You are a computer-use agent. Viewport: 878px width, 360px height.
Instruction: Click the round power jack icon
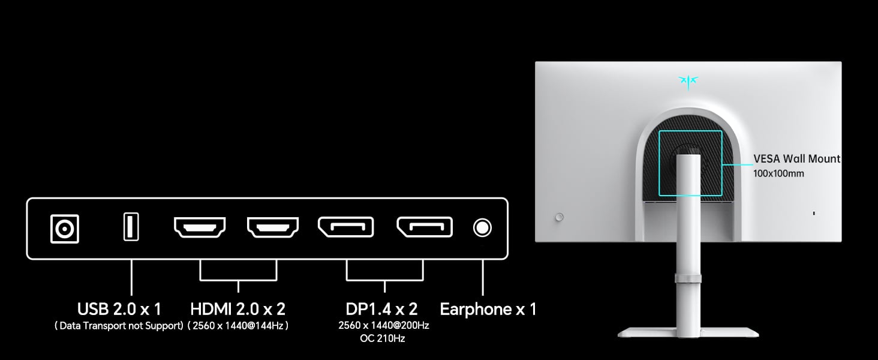pyautogui.click(x=65, y=229)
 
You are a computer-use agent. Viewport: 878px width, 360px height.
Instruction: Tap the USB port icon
pyautogui.click(x=131, y=227)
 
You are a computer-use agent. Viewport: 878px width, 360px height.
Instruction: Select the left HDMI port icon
pyautogui.click(x=200, y=227)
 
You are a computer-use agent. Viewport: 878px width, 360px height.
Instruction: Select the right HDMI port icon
pyautogui.click(x=273, y=227)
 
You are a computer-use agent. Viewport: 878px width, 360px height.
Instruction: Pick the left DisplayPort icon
pyautogui.click(x=345, y=227)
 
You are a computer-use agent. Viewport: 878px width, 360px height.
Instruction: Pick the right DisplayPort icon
pyautogui.click(x=424, y=227)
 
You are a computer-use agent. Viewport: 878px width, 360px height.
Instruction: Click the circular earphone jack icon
pyautogui.click(x=482, y=228)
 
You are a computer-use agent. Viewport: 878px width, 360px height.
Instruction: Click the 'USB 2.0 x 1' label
pyautogui.click(x=119, y=309)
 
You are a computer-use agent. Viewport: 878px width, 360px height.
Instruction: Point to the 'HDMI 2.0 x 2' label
pyautogui.click(x=237, y=309)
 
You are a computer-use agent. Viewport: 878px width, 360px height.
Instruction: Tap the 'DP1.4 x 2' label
pyautogui.click(x=381, y=309)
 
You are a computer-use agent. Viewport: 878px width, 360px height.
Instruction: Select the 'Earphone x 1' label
pyautogui.click(x=488, y=309)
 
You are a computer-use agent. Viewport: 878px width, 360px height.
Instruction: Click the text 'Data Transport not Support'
pyautogui.click(x=119, y=326)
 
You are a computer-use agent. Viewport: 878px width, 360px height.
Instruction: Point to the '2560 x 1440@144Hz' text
pyautogui.click(x=238, y=326)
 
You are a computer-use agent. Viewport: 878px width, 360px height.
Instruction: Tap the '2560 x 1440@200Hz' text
pyautogui.click(x=383, y=325)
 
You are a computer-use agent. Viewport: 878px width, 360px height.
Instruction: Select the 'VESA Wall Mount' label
pyautogui.click(x=796, y=159)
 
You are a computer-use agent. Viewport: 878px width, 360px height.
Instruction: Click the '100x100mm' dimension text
pyautogui.click(x=778, y=173)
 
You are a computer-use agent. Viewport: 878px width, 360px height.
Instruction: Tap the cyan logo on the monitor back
pyautogui.click(x=687, y=82)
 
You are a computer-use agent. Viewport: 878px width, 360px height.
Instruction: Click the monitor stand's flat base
pyautogui.click(x=688, y=332)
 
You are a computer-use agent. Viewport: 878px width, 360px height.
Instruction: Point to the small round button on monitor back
pyautogui.click(x=560, y=216)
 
